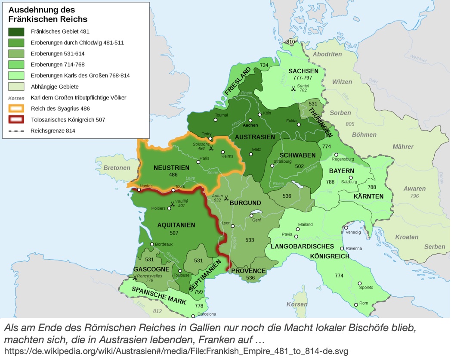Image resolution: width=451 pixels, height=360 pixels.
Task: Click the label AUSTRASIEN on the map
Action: click(x=255, y=137)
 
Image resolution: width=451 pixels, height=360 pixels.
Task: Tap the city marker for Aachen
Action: click(x=250, y=120)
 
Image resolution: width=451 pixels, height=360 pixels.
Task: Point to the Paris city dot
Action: click(x=198, y=162)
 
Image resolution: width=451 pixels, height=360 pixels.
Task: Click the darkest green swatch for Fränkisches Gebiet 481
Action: click(x=17, y=31)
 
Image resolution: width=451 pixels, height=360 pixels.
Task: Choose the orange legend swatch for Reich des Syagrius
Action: click(x=17, y=109)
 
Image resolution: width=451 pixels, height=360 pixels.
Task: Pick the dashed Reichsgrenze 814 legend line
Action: click(x=17, y=130)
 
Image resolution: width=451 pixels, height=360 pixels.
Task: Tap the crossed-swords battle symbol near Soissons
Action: click(x=211, y=148)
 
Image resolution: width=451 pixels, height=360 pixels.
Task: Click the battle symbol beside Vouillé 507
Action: click(x=173, y=203)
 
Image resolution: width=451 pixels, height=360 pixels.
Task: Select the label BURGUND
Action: click(x=245, y=202)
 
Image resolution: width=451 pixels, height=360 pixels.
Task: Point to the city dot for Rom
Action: click(x=356, y=304)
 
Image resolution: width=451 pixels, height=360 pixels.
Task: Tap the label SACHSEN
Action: click(x=303, y=71)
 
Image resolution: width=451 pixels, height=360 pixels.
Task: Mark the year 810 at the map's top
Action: click(x=291, y=42)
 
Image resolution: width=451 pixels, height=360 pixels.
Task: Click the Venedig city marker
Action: click(x=346, y=227)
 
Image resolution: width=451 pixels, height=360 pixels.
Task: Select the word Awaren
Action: click(x=414, y=189)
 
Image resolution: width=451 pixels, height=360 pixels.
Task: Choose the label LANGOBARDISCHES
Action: click(x=302, y=246)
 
